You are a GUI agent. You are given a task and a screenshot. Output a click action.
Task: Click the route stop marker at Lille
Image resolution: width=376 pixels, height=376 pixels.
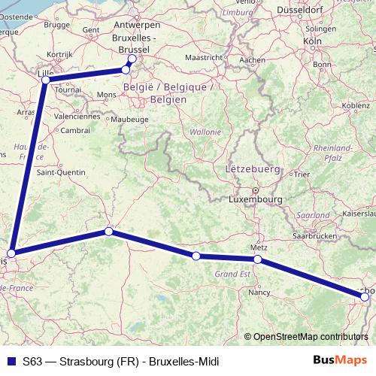tap(47, 79)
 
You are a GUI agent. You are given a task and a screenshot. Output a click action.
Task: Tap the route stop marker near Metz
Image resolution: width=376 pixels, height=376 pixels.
tap(258, 259)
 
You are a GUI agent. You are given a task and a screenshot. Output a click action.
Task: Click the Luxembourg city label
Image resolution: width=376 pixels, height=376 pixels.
tap(256, 201)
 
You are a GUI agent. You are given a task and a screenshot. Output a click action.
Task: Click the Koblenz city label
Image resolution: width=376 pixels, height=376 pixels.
tap(355, 106)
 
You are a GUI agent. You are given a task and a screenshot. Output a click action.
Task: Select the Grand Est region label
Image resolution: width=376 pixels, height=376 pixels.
tap(232, 275)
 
